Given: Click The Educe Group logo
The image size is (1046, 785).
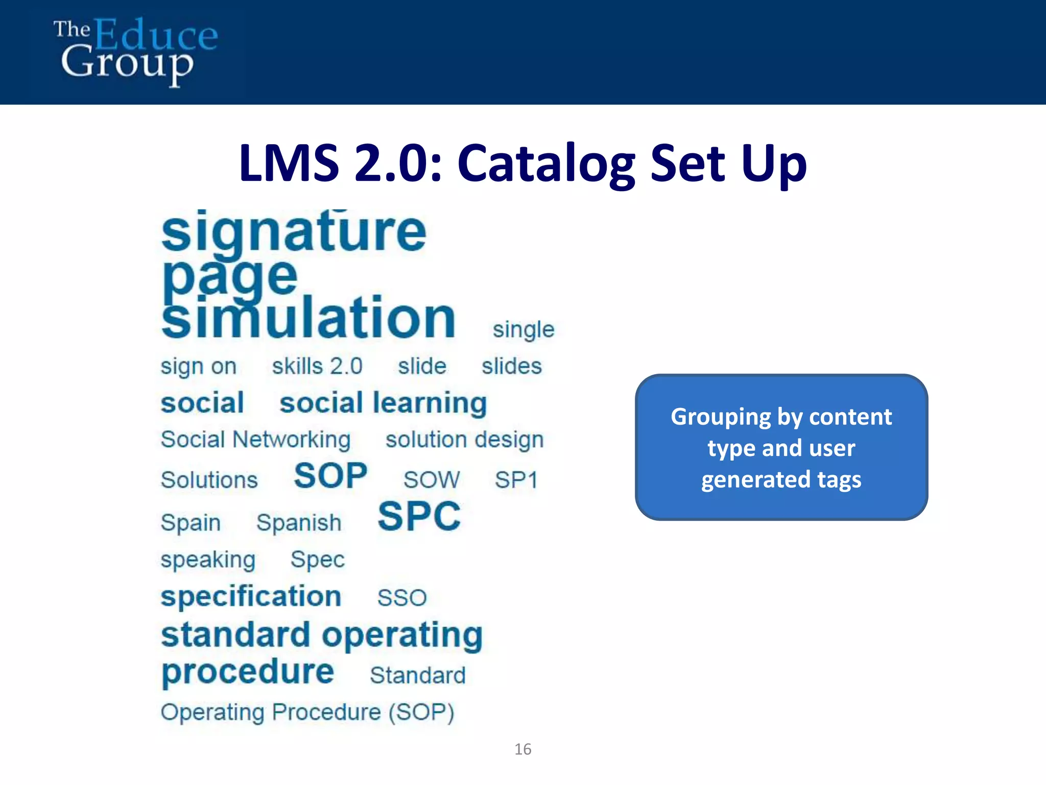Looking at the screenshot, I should pos(135,51).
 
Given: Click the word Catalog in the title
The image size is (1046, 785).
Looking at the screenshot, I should pos(546,164).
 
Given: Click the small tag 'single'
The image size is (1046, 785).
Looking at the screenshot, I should pos(523,330).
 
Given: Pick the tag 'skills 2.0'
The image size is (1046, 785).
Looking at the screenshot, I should pos(317,367).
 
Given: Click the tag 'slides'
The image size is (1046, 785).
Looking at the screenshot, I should pos(511,366).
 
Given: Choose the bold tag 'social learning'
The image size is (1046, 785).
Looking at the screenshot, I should pos(383,403).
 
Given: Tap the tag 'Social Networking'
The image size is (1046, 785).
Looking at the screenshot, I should pos(255,440).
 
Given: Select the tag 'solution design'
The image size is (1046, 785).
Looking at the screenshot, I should pos(464,440).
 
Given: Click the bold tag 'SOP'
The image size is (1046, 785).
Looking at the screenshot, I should pos(330,476).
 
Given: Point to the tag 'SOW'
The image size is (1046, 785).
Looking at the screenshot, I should pos(432,480).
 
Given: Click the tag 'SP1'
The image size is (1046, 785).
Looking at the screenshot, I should pos(516,480).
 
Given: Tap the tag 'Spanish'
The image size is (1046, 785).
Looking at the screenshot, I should pos(299,523).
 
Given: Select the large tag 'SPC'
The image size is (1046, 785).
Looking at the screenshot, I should pos(419,517).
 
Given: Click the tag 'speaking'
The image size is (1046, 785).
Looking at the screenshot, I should pos(208,560).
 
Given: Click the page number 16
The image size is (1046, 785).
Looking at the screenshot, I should pos(522,749).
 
